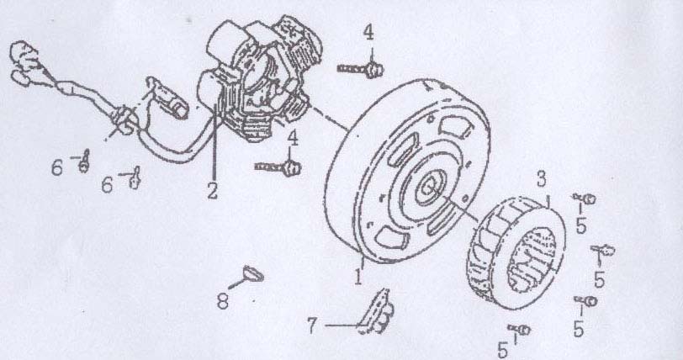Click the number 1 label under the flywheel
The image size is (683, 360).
358,278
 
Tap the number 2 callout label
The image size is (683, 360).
212,191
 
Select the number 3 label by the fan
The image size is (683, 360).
541,178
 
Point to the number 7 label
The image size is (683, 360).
312,326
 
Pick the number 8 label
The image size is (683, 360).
223,301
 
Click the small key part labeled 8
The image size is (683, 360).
252,273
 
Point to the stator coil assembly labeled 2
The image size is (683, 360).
257,78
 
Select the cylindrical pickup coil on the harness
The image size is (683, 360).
169,98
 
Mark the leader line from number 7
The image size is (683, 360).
342,326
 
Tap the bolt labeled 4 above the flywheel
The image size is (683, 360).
361,68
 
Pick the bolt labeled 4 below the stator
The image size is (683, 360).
278,166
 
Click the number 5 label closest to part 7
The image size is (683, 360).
503,350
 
